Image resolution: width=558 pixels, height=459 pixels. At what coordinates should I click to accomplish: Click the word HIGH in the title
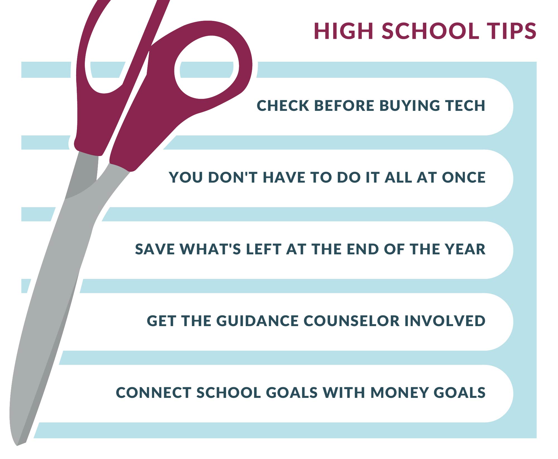pyautogui.click(x=344, y=31)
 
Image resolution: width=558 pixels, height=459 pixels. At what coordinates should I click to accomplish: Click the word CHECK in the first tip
pyautogui.click(x=283, y=106)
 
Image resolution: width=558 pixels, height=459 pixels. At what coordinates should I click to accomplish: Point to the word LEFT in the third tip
pyautogui.click(x=263, y=249)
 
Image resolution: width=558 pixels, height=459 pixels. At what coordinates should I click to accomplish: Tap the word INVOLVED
pyautogui.click(x=445, y=321)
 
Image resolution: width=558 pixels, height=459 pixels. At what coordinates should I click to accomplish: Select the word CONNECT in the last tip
pyautogui.click(x=153, y=393)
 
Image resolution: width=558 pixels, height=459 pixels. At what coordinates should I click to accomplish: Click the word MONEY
pyautogui.click(x=399, y=393)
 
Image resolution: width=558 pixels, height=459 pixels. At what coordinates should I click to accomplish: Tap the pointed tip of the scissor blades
pyautogui.click(x=17, y=445)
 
